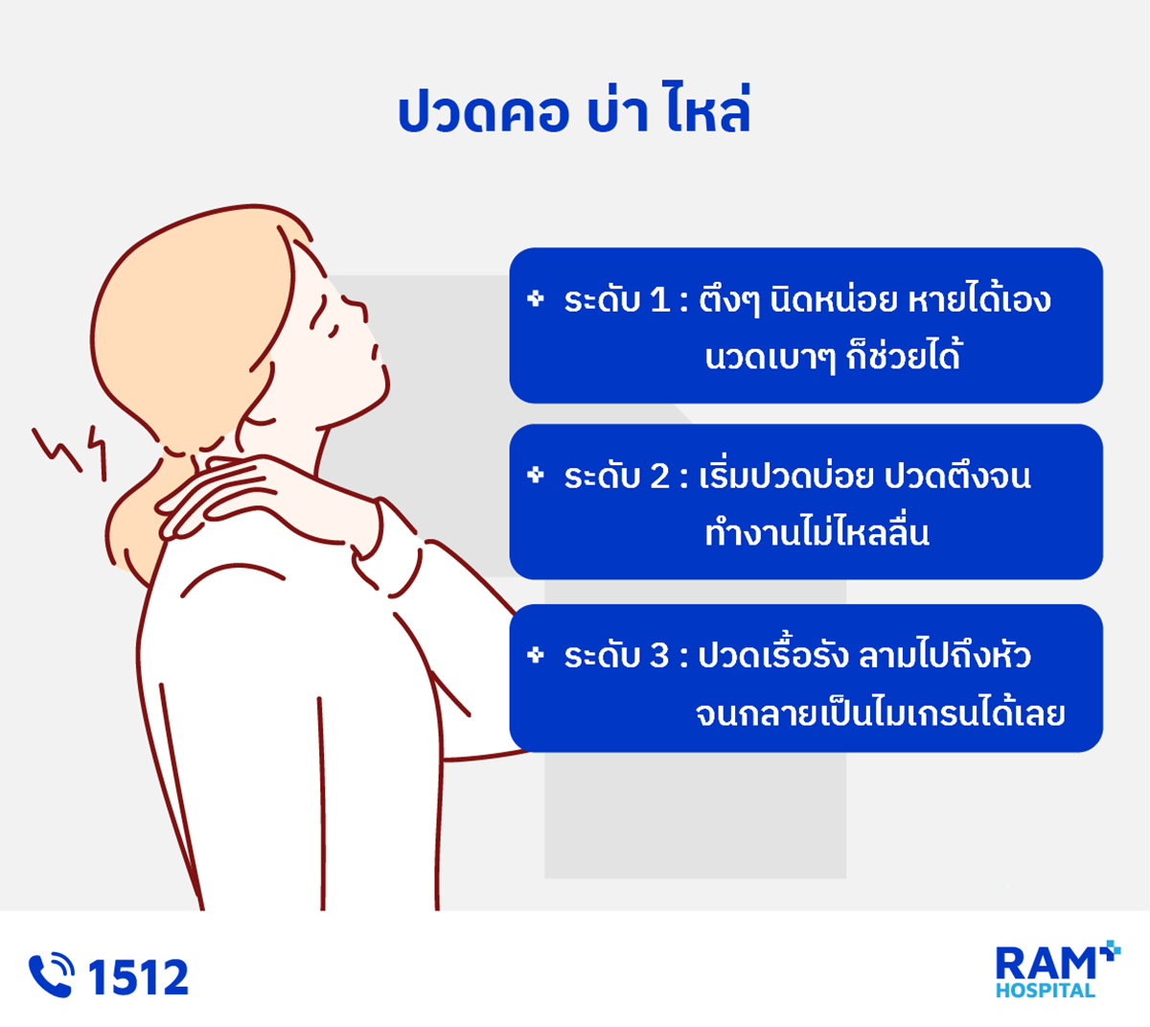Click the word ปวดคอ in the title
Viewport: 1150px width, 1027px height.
click(x=483, y=113)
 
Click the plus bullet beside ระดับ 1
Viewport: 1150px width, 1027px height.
click(x=536, y=299)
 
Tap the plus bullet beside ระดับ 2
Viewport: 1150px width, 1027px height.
click(x=536, y=475)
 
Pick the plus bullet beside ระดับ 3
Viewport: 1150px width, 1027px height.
click(x=536, y=655)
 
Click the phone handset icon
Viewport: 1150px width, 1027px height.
click(x=52, y=975)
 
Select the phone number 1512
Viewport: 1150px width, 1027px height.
click(x=138, y=977)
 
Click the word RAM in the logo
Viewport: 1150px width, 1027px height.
click(x=1045, y=964)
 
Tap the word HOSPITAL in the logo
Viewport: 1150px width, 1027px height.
click(x=1046, y=991)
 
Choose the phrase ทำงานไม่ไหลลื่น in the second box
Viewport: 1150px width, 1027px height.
click(x=817, y=531)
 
